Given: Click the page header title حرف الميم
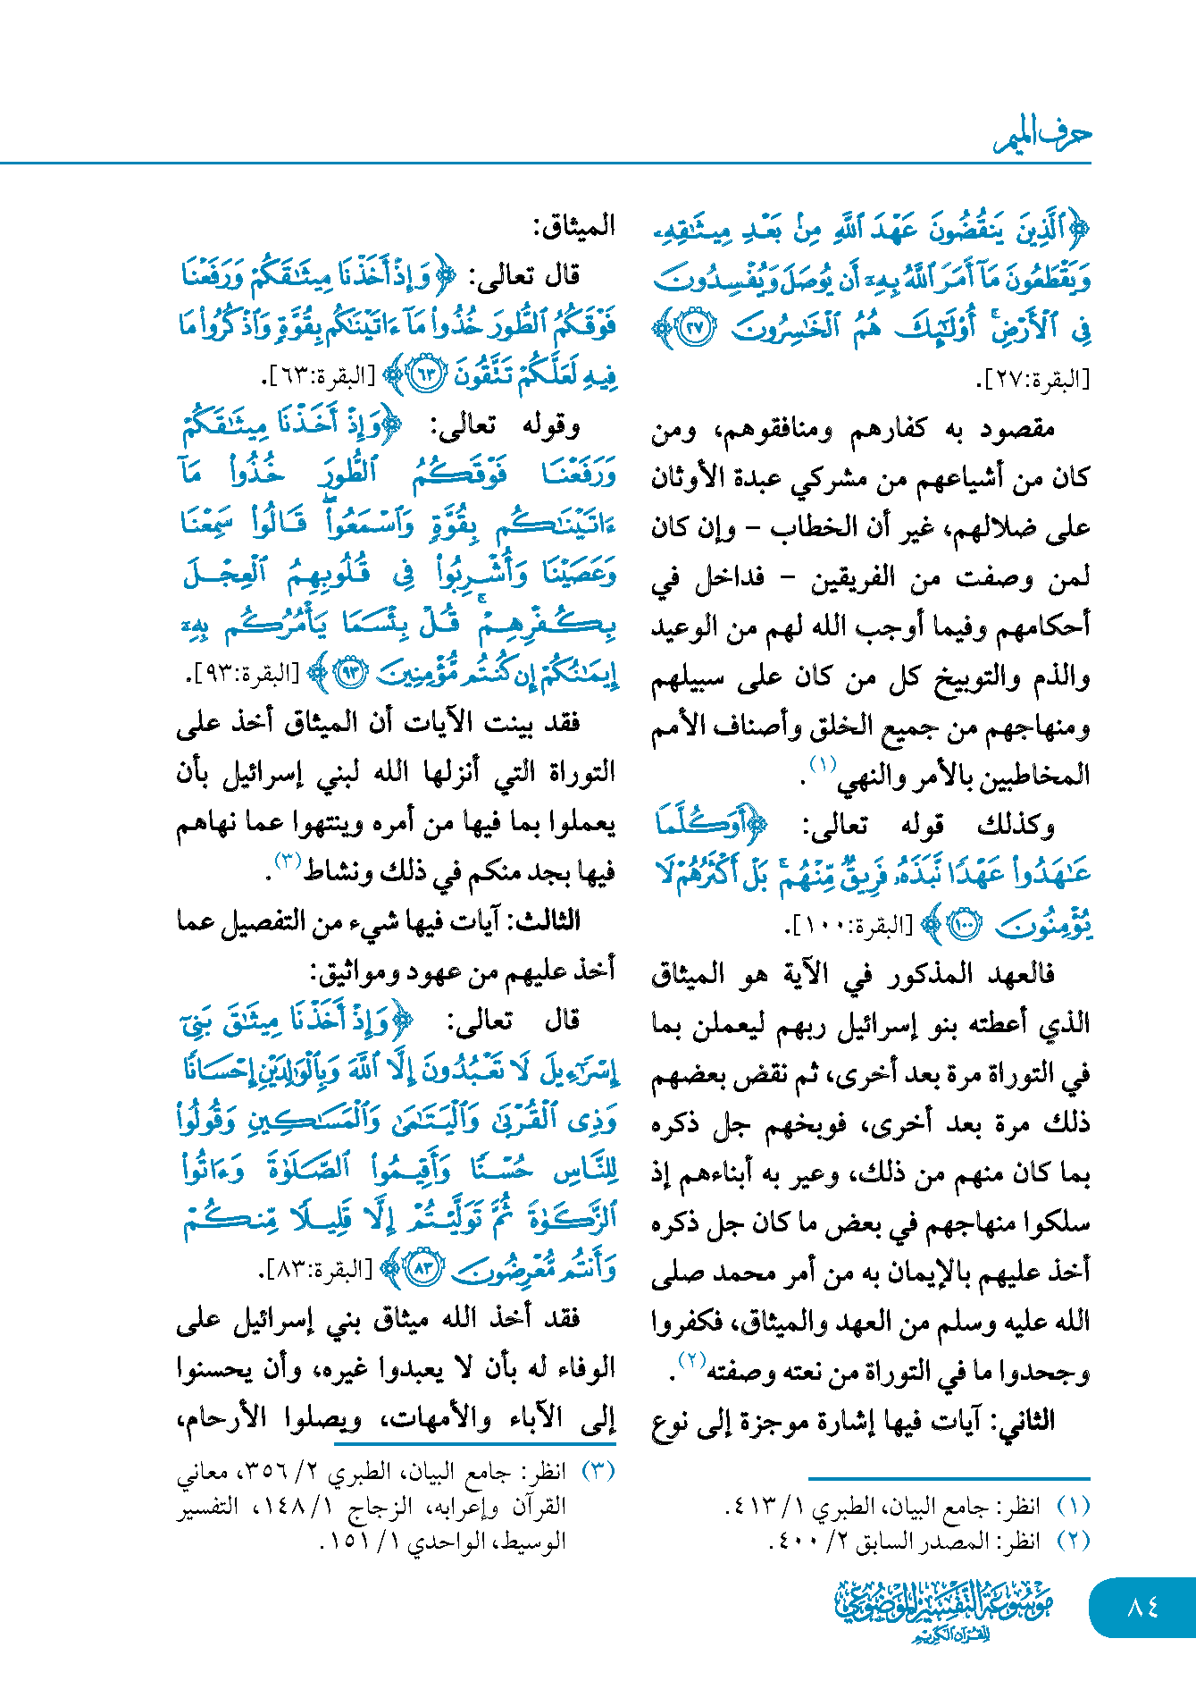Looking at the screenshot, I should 1042,135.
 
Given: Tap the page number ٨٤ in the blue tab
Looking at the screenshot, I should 1142,1607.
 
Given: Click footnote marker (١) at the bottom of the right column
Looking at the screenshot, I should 1073,1507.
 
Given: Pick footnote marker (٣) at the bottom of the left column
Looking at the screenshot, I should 598,1471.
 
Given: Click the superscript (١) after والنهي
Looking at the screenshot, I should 822,764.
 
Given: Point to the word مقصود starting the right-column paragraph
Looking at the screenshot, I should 1017,429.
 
